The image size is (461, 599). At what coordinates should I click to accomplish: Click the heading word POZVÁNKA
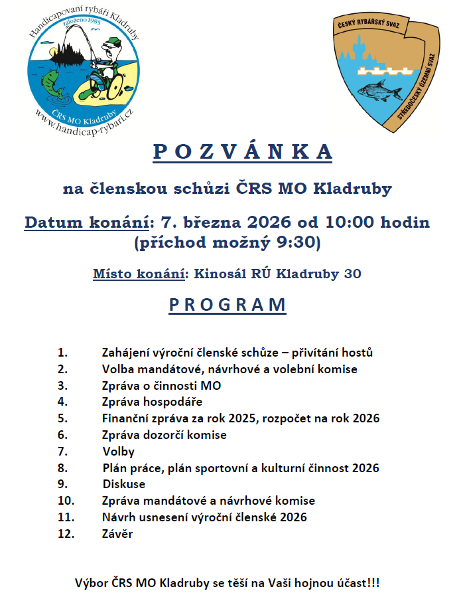[243, 151]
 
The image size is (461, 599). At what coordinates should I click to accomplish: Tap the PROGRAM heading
[228, 305]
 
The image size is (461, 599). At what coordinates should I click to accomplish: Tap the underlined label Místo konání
[139, 274]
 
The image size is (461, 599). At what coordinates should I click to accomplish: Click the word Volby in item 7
[119, 452]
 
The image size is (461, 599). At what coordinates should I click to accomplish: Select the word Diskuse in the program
[124, 484]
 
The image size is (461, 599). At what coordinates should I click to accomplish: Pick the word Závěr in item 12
[117, 533]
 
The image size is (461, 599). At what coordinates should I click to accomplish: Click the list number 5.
[62, 418]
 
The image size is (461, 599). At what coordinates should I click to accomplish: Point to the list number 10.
[66, 501]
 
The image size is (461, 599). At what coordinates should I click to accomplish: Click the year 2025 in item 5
[235, 418]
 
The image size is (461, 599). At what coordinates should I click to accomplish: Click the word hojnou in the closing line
[304, 584]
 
